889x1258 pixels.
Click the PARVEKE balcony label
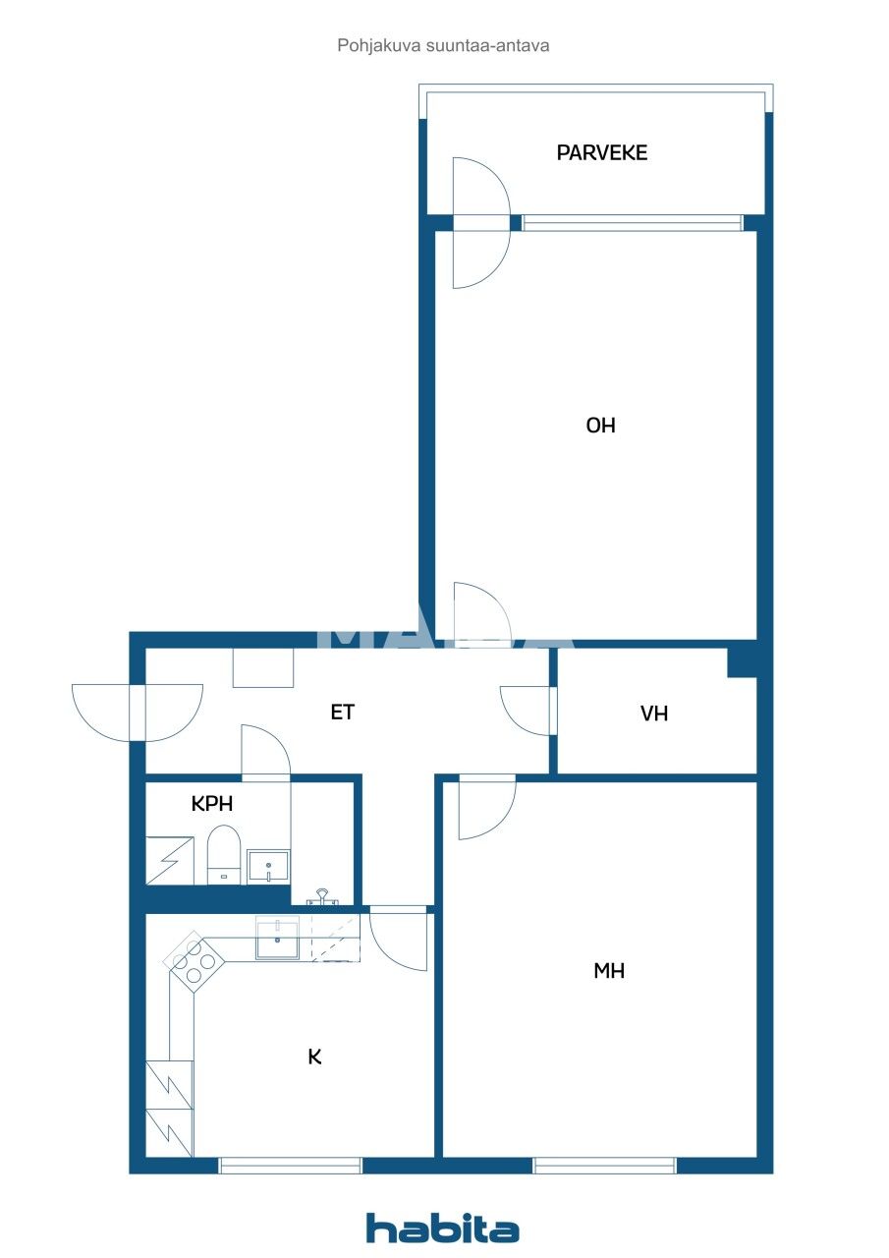(x=601, y=153)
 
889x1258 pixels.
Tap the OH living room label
(x=600, y=426)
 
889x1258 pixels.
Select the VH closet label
(x=654, y=714)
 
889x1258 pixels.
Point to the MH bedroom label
(x=609, y=971)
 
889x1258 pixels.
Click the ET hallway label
(x=342, y=713)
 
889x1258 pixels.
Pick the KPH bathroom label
(x=212, y=803)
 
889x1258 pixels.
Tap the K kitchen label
(x=314, y=1057)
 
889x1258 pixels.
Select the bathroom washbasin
(x=267, y=866)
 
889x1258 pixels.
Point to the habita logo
(x=442, y=1229)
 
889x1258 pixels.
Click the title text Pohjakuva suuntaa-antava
(x=443, y=45)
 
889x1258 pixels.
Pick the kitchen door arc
(x=399, y=940)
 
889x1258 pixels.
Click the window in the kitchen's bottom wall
(x=291, y=1166)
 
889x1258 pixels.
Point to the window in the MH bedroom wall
(x=604, y=1166)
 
